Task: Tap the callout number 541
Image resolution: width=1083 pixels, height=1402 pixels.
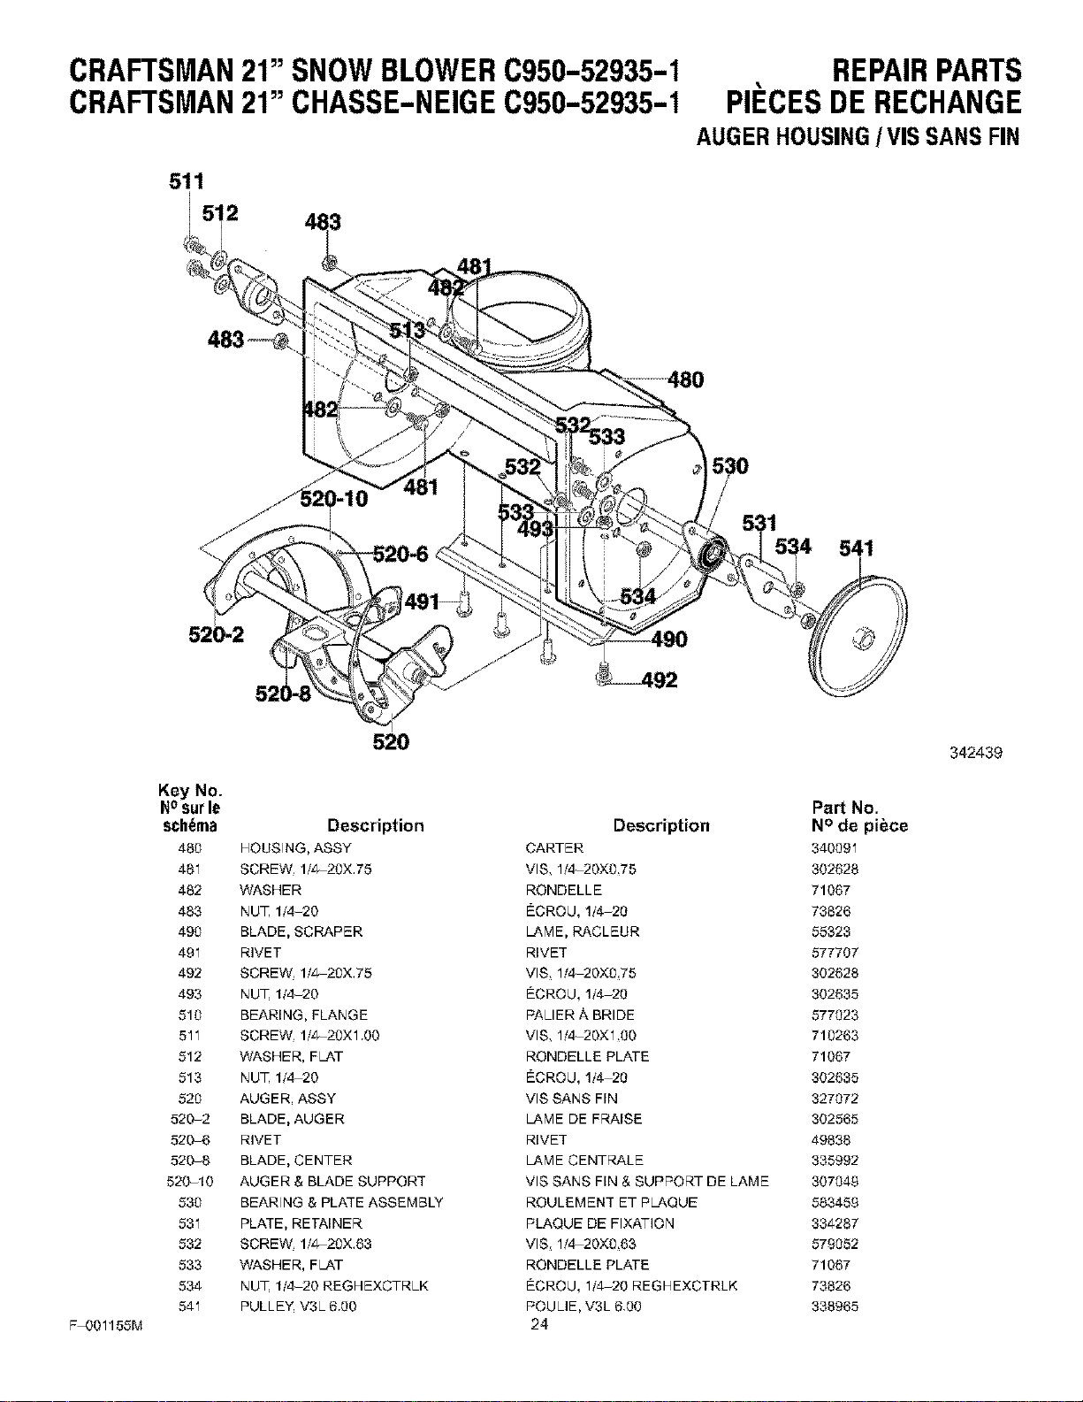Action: tap(856, 548)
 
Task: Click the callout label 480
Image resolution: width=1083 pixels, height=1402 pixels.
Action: tap(685, 380)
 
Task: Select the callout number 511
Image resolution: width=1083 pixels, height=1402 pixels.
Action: tap(187, 181)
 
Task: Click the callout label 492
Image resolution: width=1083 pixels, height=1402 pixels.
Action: tap(659, 680)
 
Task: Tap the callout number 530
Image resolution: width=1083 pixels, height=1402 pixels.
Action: tap(729, 466)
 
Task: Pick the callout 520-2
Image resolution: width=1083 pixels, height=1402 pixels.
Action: tap(217, 635)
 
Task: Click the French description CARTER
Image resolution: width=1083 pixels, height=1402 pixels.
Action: tap(554, 847)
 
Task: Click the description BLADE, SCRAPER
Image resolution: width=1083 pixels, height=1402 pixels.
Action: tap(301, 931)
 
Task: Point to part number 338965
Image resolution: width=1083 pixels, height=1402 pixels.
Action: tap(835, 1306)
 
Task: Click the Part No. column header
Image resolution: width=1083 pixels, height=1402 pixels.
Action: tap(845, 808)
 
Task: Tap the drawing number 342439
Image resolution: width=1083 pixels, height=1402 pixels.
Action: tap(976, 753)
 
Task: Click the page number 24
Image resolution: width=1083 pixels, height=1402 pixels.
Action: tap(539, 1324)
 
